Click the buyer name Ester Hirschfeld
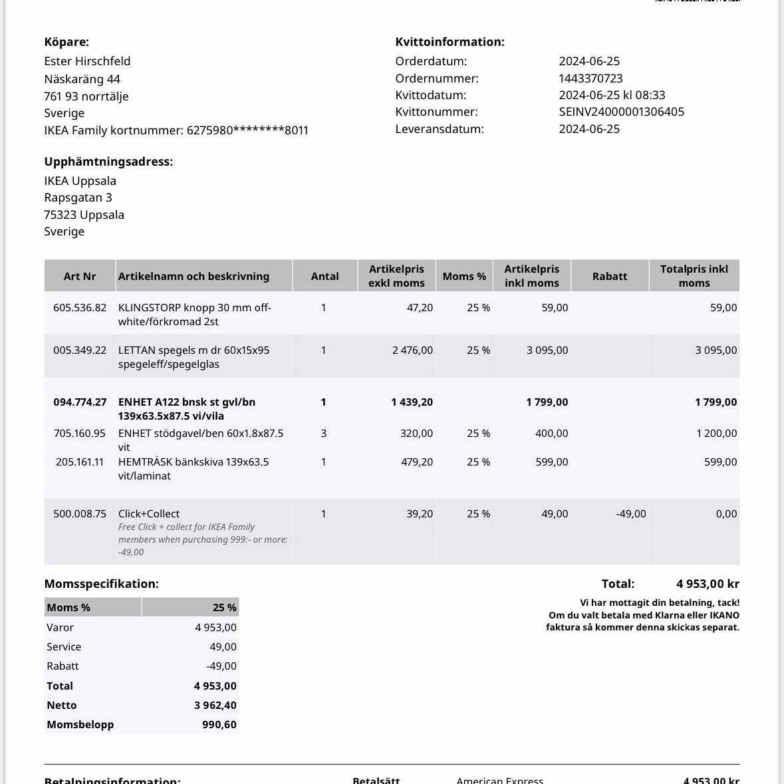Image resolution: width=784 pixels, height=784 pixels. (87, 61)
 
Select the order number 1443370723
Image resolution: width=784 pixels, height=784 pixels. (590, 78)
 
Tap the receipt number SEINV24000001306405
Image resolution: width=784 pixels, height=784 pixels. (621, 112)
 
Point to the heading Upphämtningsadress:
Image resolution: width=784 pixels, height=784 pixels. (108, 162)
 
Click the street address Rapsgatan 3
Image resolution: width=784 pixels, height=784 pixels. (78, 197)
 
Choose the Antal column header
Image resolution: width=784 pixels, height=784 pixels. (325, 276)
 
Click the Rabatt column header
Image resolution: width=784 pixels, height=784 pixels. (609, 276)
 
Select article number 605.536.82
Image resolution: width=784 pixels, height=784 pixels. (80, 308)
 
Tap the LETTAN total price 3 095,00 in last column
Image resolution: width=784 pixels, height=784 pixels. (716, 350)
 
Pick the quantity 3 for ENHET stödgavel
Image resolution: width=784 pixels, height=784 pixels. (324, 434)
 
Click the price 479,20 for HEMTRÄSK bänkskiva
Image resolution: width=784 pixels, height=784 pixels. (416, 462)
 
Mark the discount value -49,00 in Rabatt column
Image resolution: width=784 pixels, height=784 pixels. (630, 514)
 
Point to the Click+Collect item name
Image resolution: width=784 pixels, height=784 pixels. (149, 514)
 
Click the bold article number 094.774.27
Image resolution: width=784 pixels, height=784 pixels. (80, 402)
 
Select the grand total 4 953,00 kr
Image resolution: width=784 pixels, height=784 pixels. (708, 584)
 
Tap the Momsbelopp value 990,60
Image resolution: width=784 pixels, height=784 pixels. (219, 725)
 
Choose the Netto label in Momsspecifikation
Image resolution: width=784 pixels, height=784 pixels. (62, 706)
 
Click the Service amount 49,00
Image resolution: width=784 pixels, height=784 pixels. (223, 647)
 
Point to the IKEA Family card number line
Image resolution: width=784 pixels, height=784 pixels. (176, 130)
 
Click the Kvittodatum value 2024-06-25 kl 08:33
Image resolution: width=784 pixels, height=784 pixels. (612, 95)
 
